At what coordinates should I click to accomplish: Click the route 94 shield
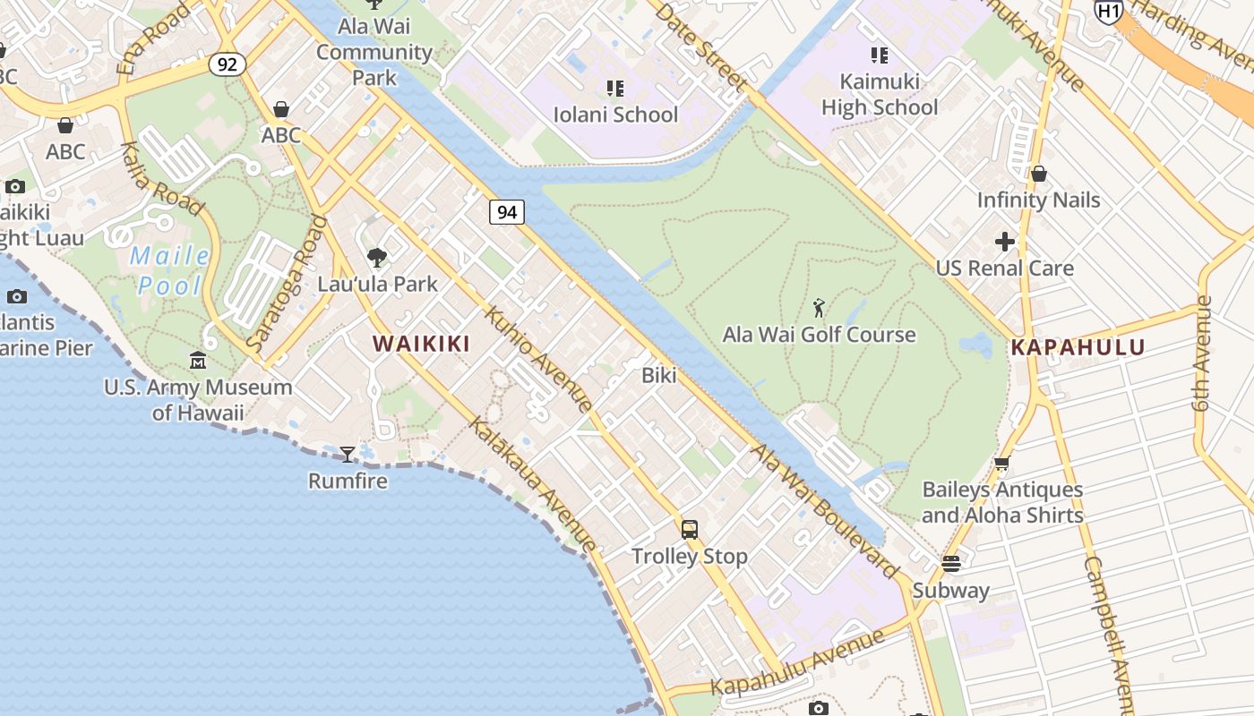click(x=507, y=212)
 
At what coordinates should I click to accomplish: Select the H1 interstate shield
click(x=1109, y=11)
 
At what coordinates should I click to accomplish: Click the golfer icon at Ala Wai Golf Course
click(x=819, y=309)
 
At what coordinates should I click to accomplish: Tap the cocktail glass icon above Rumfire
click(x=348, y=455)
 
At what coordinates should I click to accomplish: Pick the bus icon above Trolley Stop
click(x=689, y=530)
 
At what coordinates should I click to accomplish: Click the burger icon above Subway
click(x=950, y=565)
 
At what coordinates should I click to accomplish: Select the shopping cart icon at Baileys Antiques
click(x=1002, y=464)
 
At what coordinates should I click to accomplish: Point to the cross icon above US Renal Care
click(x=1005, y=242)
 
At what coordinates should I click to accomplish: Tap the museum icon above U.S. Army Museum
click(x=198, y=361)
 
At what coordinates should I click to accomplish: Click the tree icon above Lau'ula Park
click(x=377, y=258)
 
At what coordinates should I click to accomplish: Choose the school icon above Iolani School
click(x=615, y=89)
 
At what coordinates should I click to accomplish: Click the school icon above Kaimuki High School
click(x=880, y=56)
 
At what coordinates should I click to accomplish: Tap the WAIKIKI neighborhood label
click(x=421, y=344)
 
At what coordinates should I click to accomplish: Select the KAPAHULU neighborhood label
click(x=1078, y=347)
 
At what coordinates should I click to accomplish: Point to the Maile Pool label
click(x=170, y=271)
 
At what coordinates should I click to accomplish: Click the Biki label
click(x=659, y=376)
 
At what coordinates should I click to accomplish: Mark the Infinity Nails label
click(x=1038, y=200)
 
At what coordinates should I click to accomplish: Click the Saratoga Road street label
click(x=286, y=286)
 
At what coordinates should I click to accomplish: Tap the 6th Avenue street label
click(x=1203, y=353)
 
